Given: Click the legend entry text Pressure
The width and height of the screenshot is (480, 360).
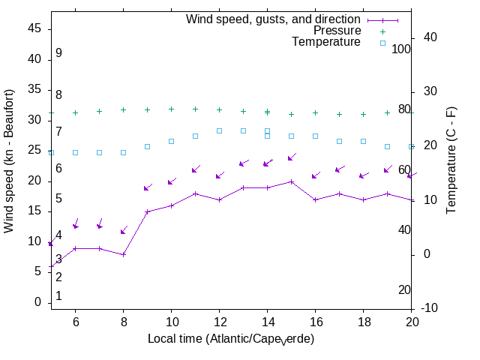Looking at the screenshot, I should coord(337,31).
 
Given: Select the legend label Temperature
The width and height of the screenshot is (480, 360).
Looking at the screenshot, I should coord(326,42).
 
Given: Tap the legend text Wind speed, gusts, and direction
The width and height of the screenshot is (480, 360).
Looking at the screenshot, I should coord(274,19).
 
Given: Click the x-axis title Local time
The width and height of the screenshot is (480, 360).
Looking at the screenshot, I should coord(231,339).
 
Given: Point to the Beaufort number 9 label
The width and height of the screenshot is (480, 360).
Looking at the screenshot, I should coord(58,53).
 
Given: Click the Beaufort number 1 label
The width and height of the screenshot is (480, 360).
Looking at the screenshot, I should coord(58,296).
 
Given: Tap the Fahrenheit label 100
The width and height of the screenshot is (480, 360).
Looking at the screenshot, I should coord(402,49).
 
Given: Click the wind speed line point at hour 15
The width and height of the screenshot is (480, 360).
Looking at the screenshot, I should coord(291,181).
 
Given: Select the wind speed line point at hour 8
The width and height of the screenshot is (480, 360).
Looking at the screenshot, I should coord(123,254).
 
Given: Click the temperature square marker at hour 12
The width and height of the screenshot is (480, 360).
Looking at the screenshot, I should coord(219,130).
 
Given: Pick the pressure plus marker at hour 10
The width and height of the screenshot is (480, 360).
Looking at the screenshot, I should coord(171,109).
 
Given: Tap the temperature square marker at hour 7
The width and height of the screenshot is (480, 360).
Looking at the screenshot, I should coord(99,152).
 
